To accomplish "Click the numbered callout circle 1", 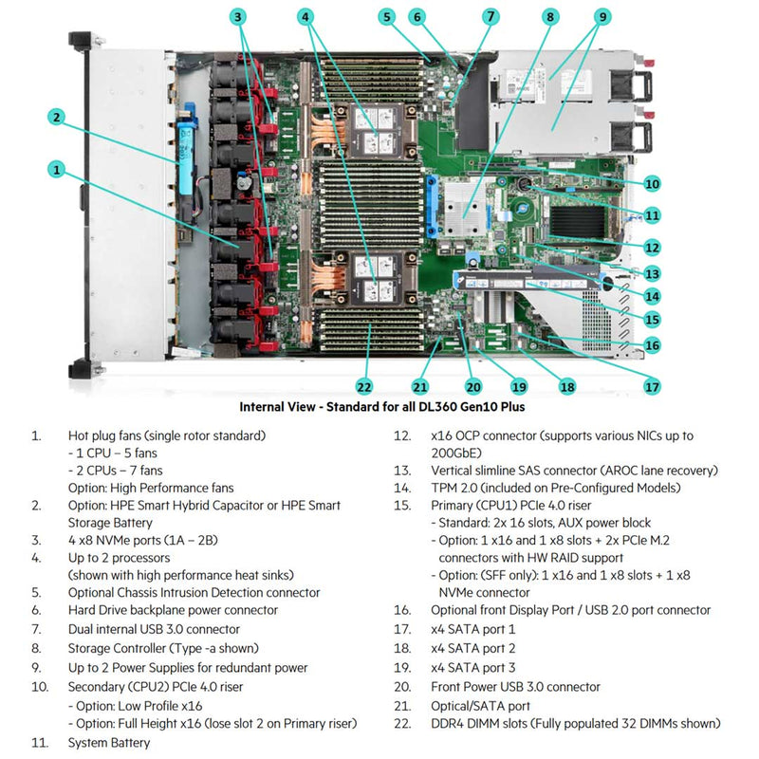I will [x=58, y=170].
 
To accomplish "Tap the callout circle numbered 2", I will [x=58, y=117].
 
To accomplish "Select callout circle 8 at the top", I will [x=550, y=16].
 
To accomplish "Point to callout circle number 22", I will [x=364, y=386].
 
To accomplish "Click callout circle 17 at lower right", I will [x=652, y=386].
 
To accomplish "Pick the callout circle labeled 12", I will [x=652, y=247].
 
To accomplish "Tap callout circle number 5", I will [x=385, y=16].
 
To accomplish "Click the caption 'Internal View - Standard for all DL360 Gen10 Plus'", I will [x=381, y=407].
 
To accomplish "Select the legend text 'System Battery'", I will [x=109, y=742].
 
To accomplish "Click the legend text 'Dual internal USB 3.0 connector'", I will [x=154, y=629].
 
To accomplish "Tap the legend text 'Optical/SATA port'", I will [x=480, y=705].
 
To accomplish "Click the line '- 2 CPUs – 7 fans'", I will [x=115, y=471].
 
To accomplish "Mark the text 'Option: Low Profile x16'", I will [x=136, y=705].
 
